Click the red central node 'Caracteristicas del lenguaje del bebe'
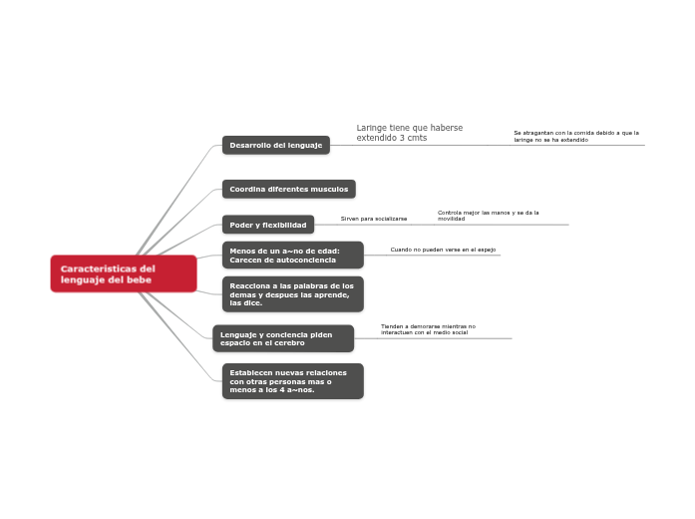[123, 273]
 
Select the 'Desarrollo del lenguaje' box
[275, 145]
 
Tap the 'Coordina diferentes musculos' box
[288, 189]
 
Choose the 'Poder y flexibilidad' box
[267, 225]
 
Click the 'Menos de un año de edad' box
[292, 256]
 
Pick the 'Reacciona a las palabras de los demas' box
[292, 293]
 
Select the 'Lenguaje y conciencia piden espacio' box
[283, 338]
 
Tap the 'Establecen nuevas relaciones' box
[292, 381]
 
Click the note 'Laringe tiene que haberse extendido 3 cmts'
[409, 133]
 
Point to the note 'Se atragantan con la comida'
[575, 136]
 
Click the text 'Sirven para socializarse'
[374, 218]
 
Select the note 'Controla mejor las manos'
[488, 215]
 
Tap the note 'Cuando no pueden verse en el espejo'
[443, 250]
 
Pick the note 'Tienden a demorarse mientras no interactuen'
[428, 328]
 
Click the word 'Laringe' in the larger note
[372, 128]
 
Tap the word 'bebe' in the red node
[140, 280]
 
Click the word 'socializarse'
[389, 218]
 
